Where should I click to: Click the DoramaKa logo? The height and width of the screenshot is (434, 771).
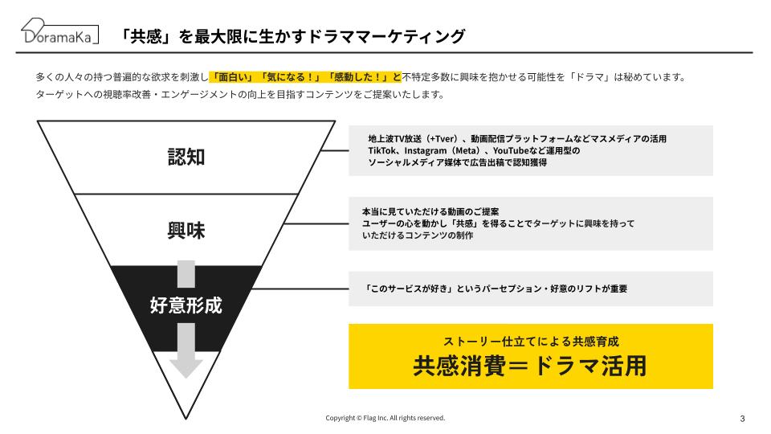59,31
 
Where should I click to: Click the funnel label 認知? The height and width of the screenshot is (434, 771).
186,157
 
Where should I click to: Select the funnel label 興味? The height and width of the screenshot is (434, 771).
186,231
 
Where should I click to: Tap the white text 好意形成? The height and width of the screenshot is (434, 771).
186,305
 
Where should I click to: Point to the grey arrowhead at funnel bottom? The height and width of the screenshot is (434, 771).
186,368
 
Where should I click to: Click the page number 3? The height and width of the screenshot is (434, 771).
742,419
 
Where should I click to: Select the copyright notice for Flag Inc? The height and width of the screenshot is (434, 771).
385,418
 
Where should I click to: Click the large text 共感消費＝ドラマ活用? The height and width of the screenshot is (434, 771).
530,366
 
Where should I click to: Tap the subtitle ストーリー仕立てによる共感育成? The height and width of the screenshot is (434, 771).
531,341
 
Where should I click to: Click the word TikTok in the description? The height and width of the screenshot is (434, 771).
382,150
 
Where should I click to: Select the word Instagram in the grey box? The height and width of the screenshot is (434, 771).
426,150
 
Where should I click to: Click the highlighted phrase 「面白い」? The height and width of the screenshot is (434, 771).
233,77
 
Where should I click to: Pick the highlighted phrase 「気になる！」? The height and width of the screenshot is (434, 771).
290,77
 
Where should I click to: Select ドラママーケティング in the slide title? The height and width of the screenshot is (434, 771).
386,36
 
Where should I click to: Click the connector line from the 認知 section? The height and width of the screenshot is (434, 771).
335,150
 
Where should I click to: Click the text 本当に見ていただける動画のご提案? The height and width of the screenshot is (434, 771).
430,211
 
